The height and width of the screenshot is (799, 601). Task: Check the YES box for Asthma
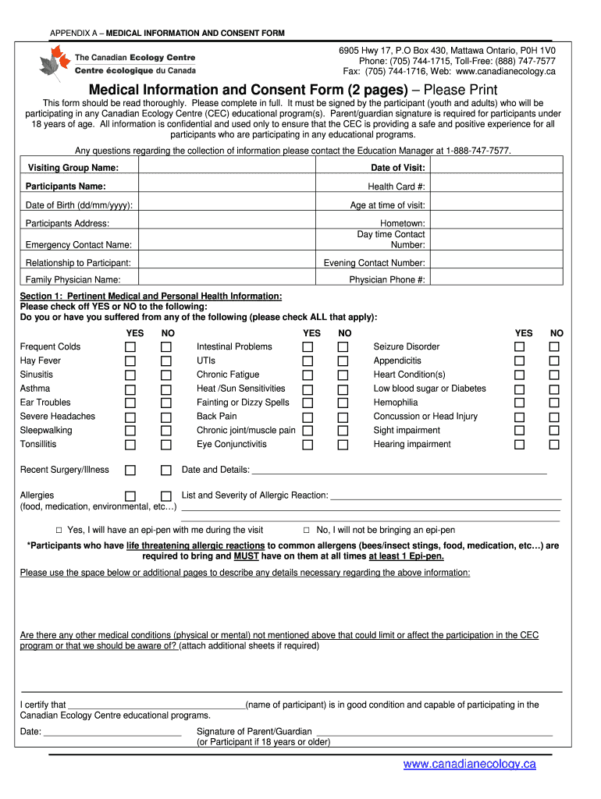(x=130, y=389)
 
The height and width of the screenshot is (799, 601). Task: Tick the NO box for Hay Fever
(x=165, y=361)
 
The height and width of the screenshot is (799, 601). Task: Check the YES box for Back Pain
(x=308, y=417)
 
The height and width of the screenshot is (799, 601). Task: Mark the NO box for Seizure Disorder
(x=554, y=347)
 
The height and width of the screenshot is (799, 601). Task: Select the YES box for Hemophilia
(x=520, y=403)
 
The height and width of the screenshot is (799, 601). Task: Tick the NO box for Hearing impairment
(x=554, y=445)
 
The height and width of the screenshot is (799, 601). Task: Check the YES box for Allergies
(x=130, y=496)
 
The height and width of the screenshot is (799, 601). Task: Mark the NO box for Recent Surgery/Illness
(x=165, y=471)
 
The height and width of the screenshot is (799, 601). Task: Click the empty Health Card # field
(x=496, y=186)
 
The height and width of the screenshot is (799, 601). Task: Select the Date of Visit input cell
(x=496, y=169)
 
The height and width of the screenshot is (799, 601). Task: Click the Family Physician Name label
(x=73, y=279)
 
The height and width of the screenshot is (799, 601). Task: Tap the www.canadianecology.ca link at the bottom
(x=469, y=764)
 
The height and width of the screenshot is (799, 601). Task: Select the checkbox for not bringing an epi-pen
(x=307, y=530)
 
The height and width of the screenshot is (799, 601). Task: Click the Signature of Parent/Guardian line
(x=433, y=731)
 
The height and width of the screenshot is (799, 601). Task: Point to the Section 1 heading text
(x=151, y=297)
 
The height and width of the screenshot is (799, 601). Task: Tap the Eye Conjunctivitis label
(x=232, y=444)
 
